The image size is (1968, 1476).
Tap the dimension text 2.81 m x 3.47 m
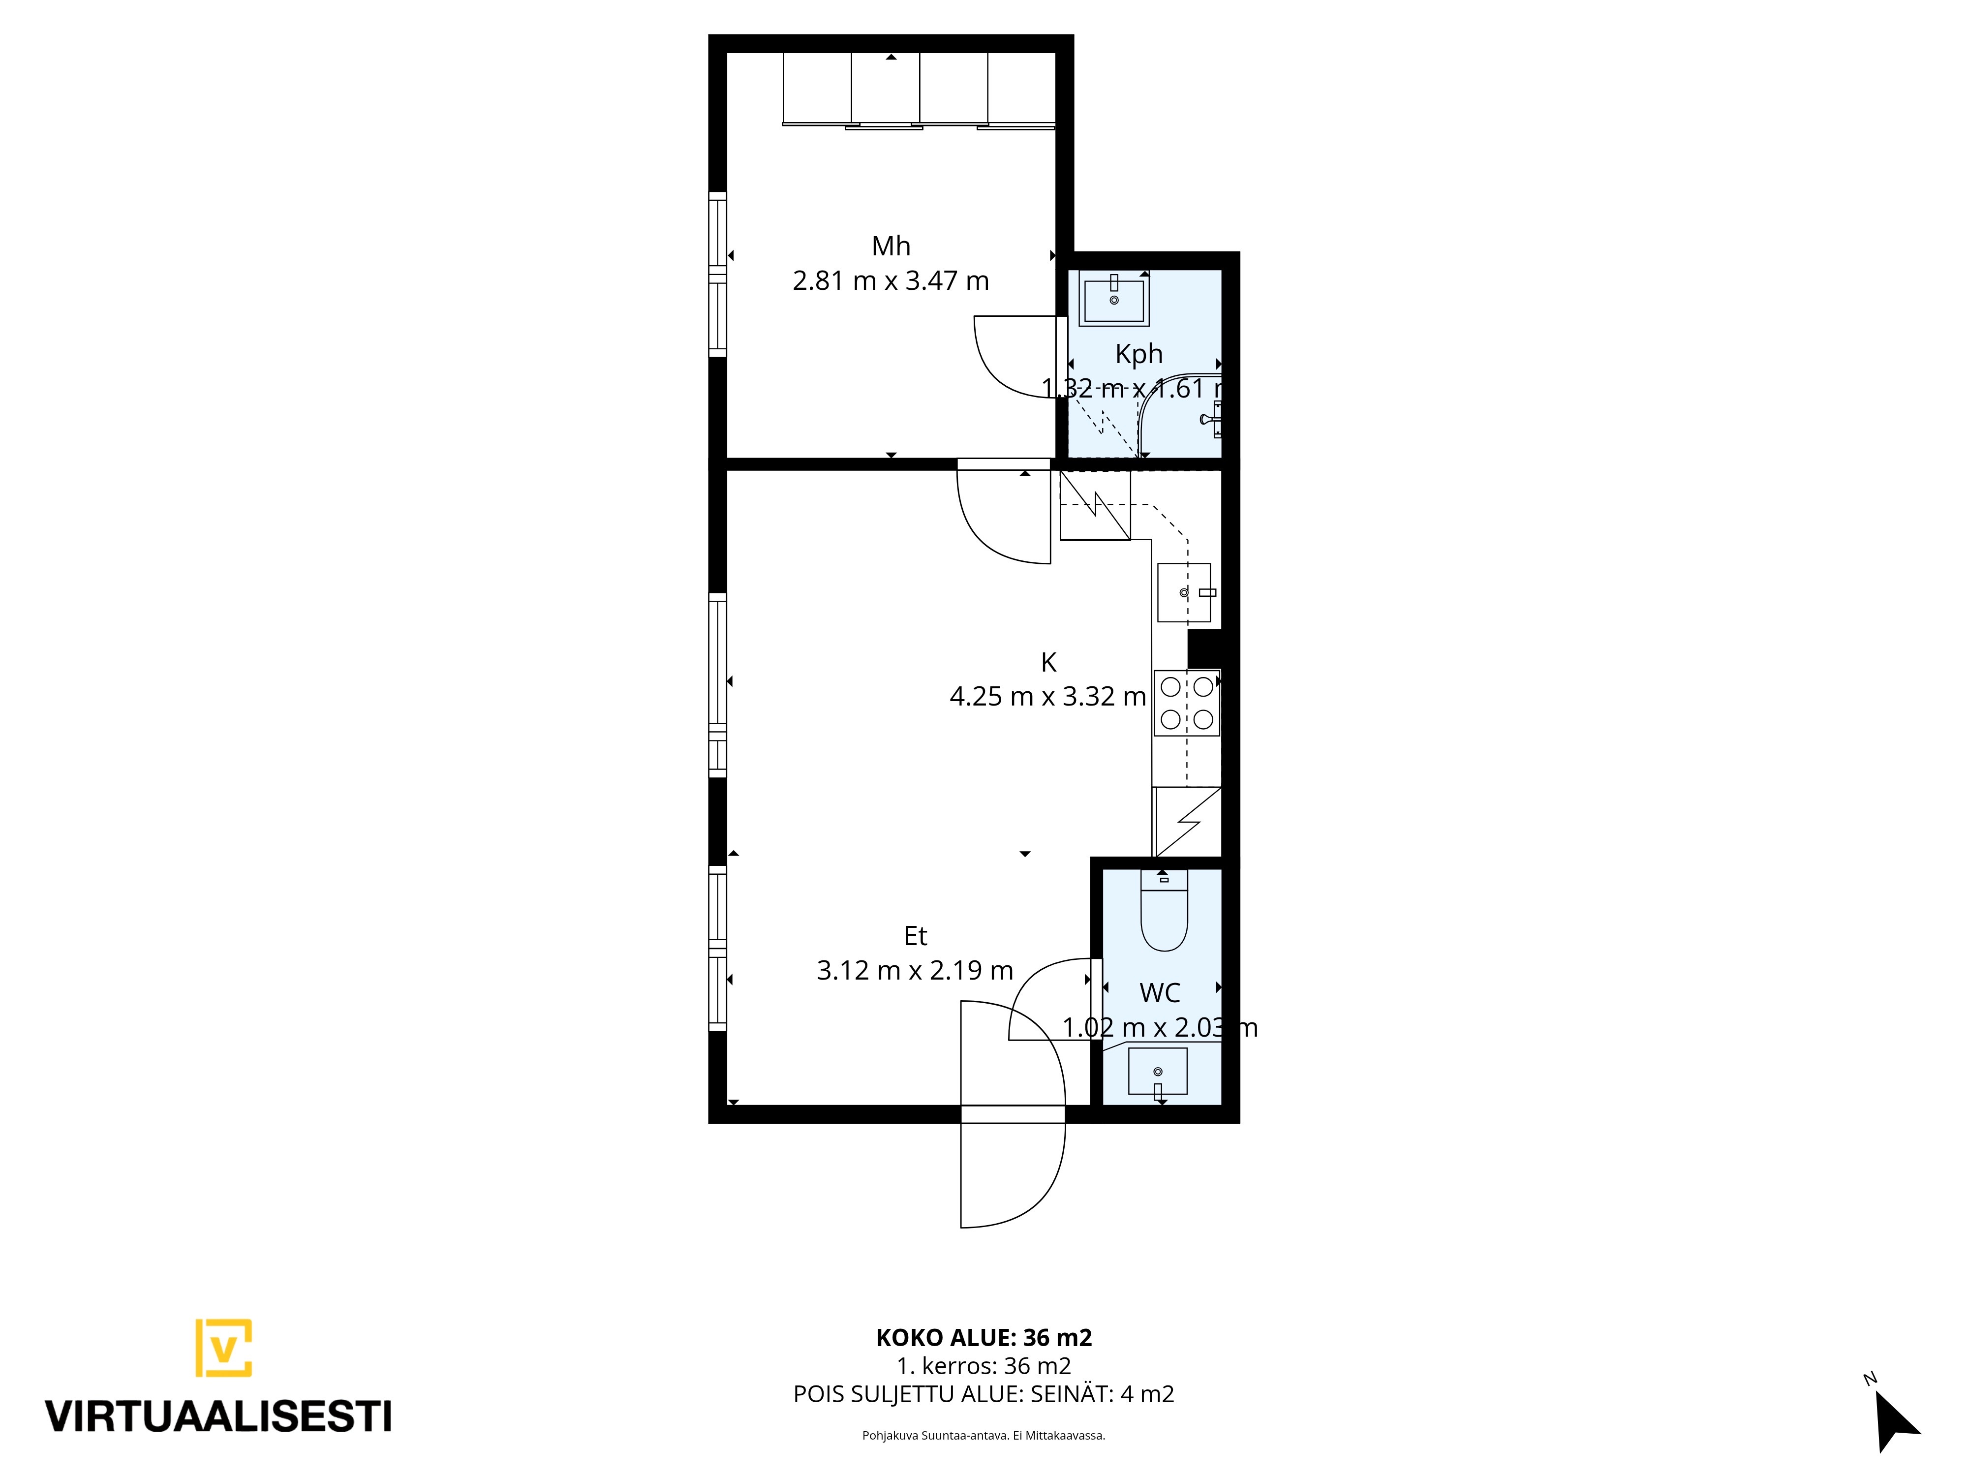click(x=891, y=281)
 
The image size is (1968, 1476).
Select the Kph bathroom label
click(x=1139, y=354)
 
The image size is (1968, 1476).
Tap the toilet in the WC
click(x=1164, y=909)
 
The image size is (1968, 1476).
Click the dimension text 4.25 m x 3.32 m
click(x=1048, y=697)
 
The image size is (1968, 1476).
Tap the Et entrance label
click(x=916, y=936)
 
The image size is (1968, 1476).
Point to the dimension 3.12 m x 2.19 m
click(x=916, y=971)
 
